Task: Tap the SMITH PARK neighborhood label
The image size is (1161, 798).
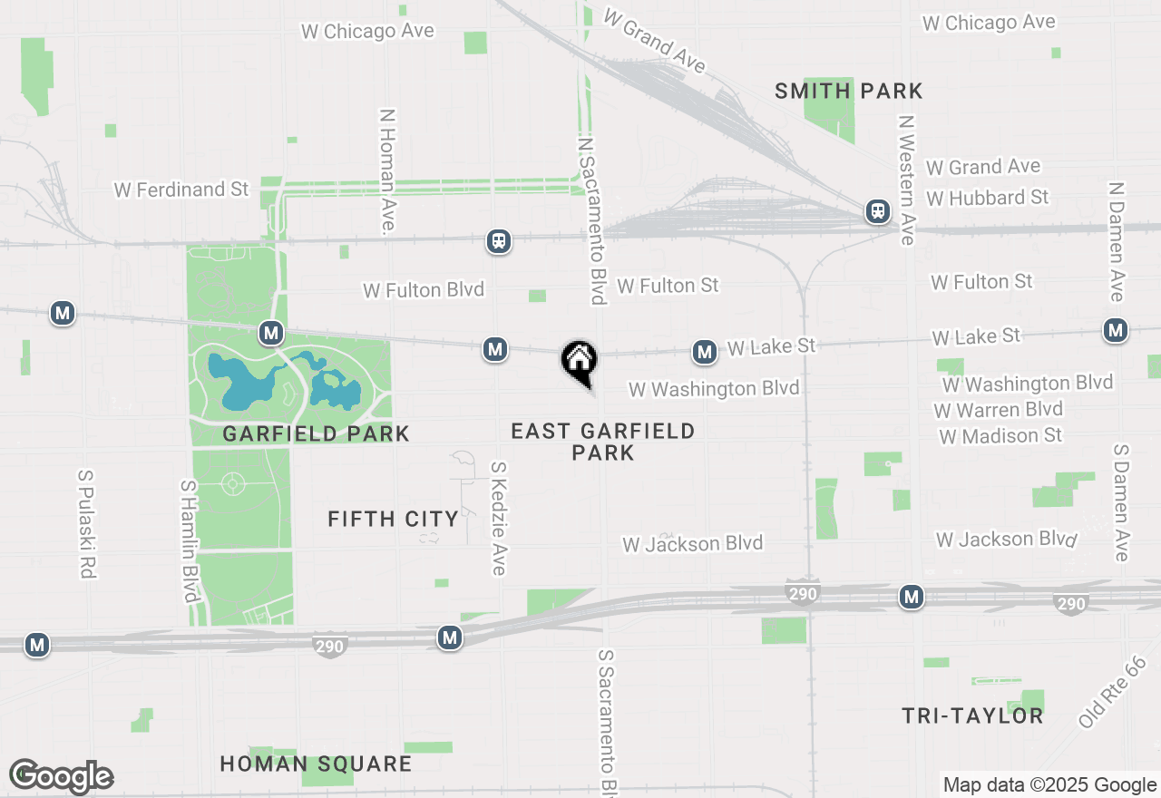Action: click(849, 91)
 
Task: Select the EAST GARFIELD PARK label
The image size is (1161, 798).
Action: click(603, 442)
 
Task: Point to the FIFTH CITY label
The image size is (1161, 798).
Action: click(393, 519)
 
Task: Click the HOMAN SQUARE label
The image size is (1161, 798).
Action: click(316, 764)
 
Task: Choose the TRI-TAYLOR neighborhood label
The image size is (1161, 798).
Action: click(972, 715)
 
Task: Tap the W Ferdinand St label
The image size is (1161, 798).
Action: click(181, 190)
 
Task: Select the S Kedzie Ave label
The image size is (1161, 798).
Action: click(498, 518)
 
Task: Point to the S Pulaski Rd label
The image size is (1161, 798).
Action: click(87, 523)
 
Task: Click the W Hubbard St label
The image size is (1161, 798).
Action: click(987, 197)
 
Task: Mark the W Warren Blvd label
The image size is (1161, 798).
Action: click(998, 410)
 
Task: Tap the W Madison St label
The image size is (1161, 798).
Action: click(1000, 436)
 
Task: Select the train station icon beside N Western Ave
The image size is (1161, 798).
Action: click(877, 212)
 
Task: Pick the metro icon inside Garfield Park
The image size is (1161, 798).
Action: click(270, 333)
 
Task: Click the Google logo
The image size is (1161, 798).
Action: click(62, 776)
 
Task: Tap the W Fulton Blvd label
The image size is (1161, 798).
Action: click(424, 290)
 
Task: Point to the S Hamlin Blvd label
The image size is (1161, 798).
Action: click(189, 540)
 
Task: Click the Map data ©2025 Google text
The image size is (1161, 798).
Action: click(1049, 785)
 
